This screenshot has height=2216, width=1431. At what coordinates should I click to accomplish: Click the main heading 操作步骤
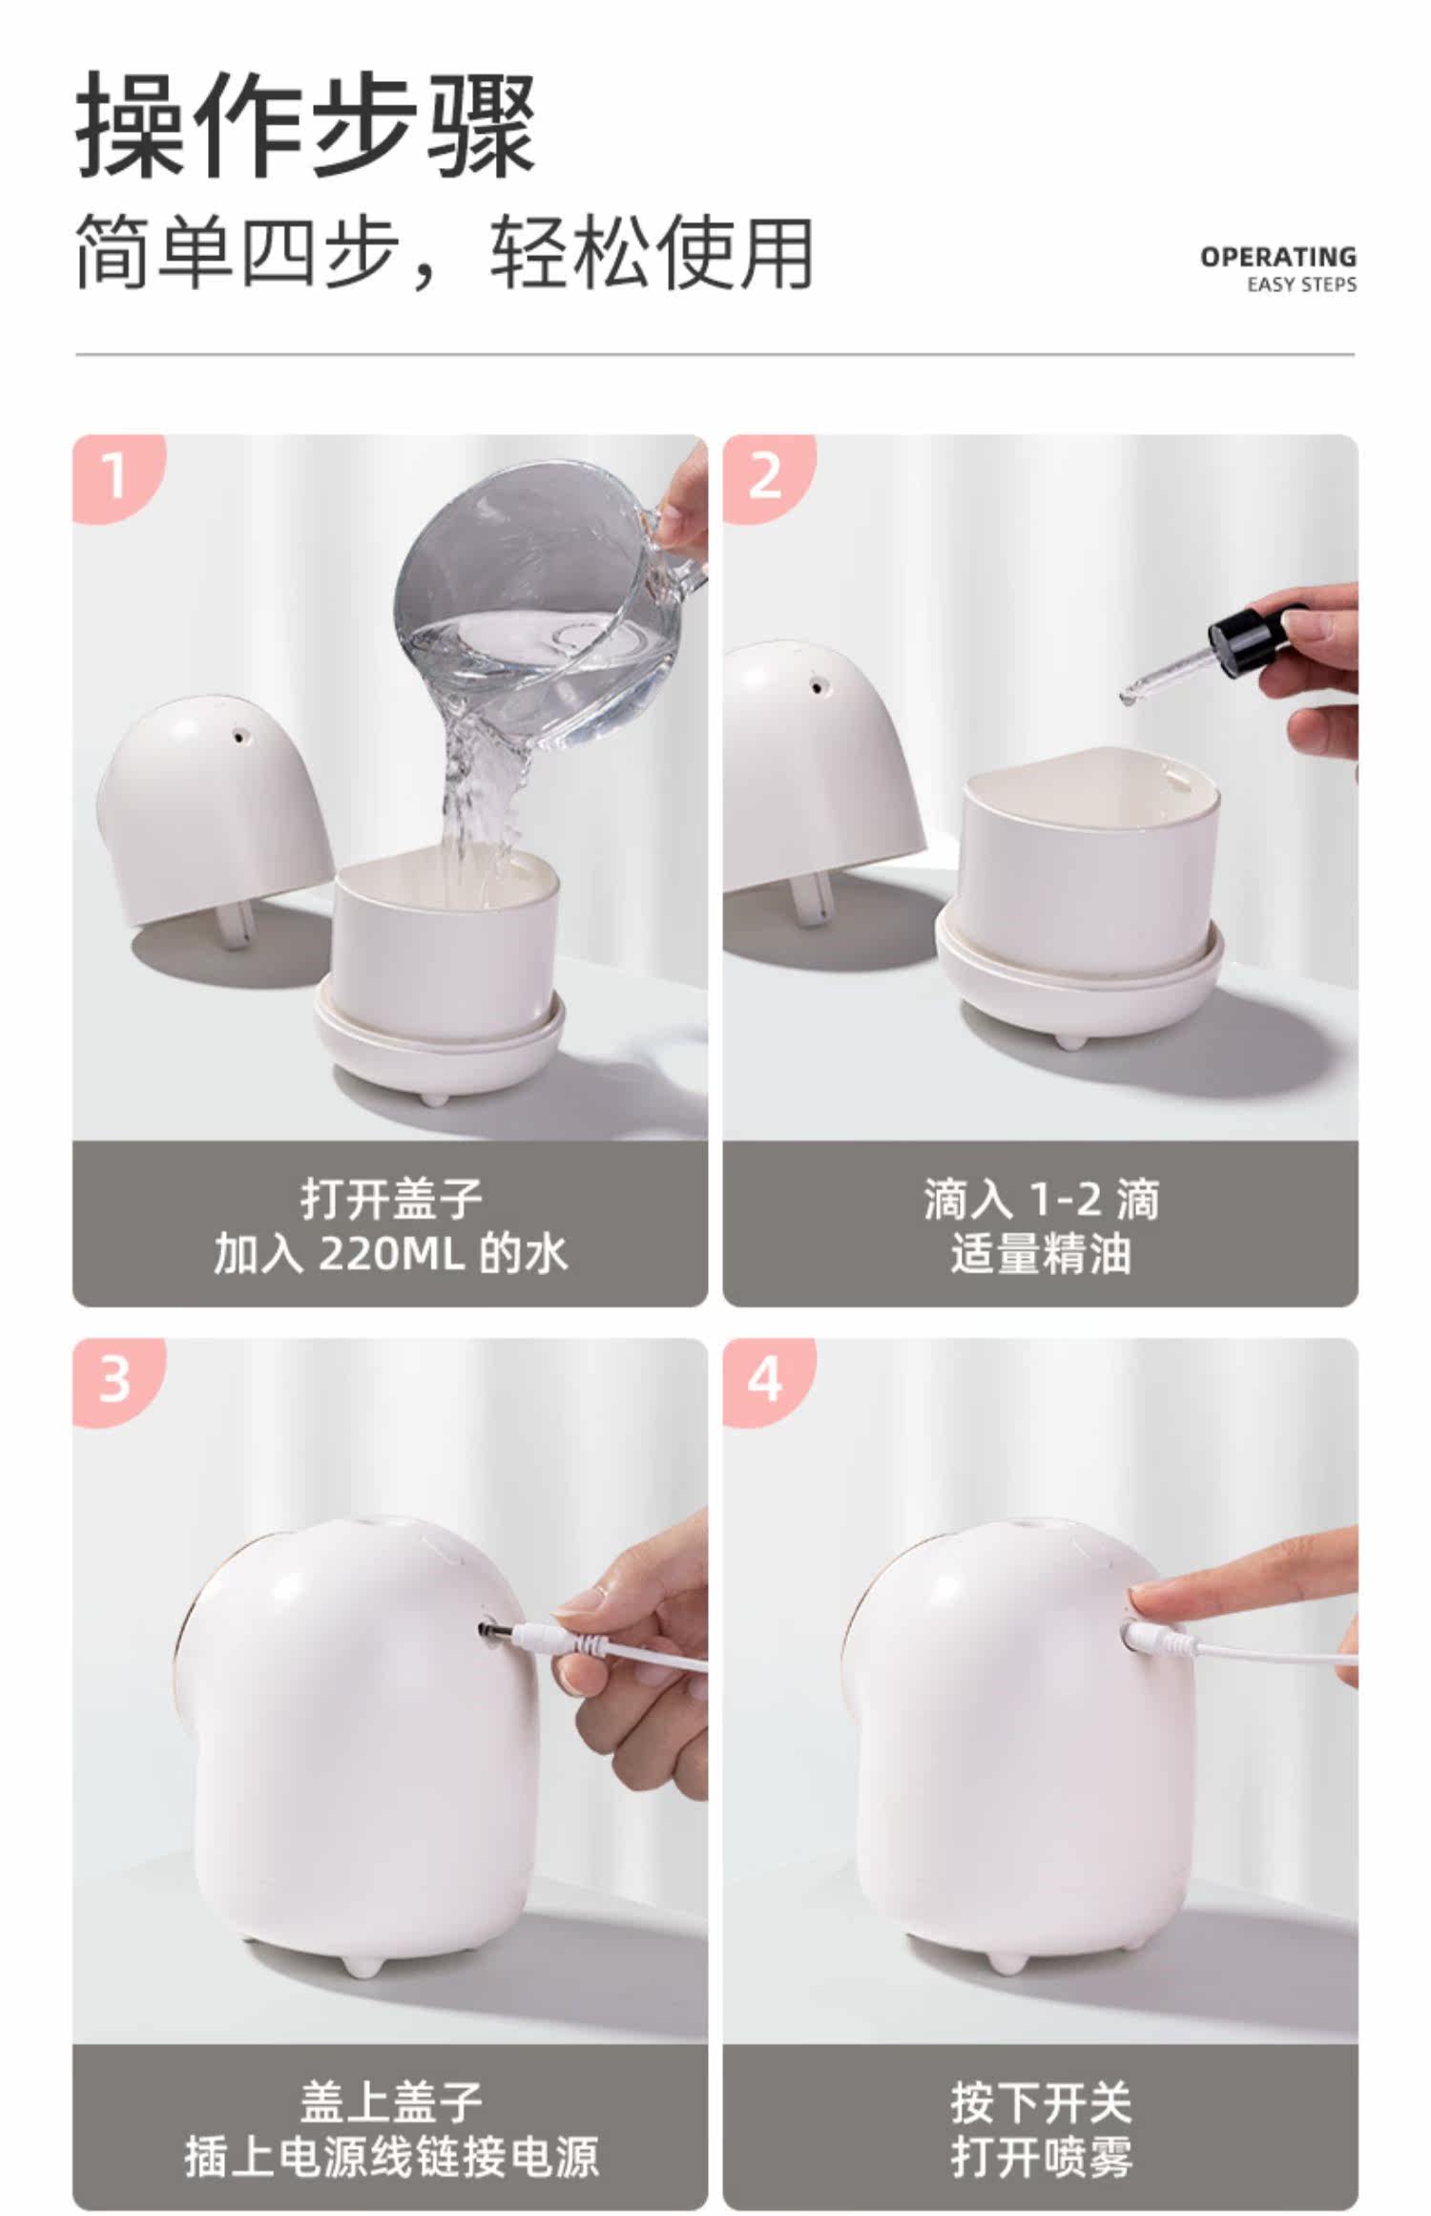pos(305,124)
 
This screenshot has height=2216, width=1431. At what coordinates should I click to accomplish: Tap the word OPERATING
pos(1277,257)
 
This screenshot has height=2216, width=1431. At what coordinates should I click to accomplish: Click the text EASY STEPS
pos(1301,284)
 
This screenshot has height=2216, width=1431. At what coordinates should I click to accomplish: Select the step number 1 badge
pos(116,476)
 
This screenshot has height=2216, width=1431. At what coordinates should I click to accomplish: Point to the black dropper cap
pos(1245,635)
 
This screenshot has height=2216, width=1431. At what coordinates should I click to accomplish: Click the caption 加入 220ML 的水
pos(391,1253)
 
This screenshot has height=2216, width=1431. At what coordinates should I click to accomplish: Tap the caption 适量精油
pos(1041,1253)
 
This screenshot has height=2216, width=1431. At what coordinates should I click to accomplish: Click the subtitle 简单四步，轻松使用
pos(445,253)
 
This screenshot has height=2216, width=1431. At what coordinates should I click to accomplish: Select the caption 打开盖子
pos(391,1199)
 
